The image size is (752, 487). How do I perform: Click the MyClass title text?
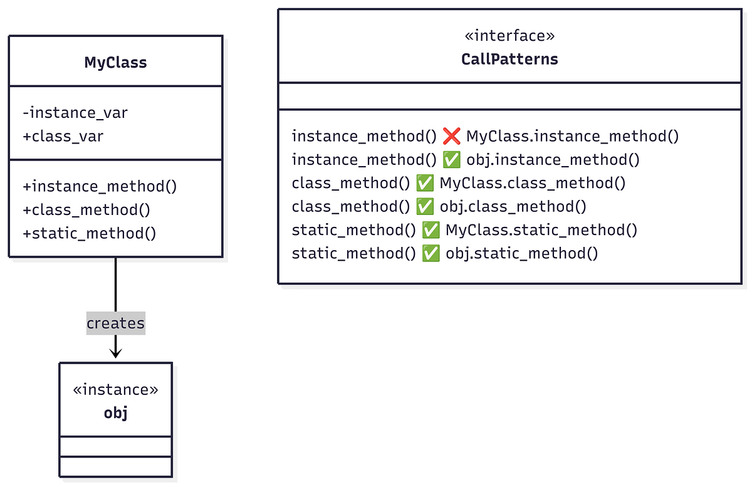point(115,63)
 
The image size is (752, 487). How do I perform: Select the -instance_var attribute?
point(75,113)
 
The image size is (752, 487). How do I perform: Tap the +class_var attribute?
point(63,135)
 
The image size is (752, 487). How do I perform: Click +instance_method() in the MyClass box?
point(100,186)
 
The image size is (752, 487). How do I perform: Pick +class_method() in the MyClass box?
point(86,210)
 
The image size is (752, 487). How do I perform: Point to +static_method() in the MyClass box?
point(89,234)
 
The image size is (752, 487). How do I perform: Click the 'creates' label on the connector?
point(115,323)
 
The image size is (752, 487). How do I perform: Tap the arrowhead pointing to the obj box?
point(115,353)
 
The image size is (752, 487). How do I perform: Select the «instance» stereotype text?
point(115,390)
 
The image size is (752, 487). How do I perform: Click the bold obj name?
point(115,413)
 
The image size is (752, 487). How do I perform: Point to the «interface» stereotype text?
point(509,36)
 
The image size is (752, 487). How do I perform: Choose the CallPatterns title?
point(509,60)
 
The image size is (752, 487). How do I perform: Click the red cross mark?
point(451,136)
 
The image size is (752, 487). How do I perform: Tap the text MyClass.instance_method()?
point(572,136)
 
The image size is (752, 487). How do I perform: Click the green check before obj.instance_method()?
point(451,160)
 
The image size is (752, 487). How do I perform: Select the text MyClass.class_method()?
point(533,183)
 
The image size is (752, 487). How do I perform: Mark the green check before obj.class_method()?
point(425,207)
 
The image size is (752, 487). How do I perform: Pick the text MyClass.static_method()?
point(541,230)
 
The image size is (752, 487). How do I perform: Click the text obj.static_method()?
point(522,254)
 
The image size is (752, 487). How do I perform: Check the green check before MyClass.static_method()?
point(431,230)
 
